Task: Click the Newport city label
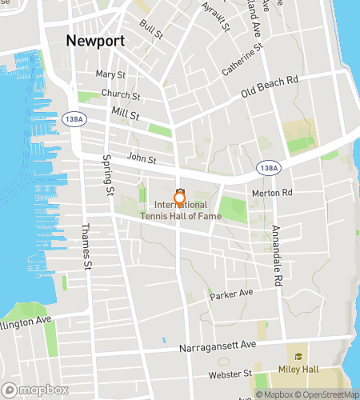coord(95,41)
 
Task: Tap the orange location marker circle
coord(179,198)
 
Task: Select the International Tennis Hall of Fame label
coord(179,210)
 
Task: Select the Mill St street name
coord(126,115)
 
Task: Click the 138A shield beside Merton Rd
coord(269,168)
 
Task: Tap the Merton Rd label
coord(272,192)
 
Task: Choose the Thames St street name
coord(86,246)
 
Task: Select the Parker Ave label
coord(231,295)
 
